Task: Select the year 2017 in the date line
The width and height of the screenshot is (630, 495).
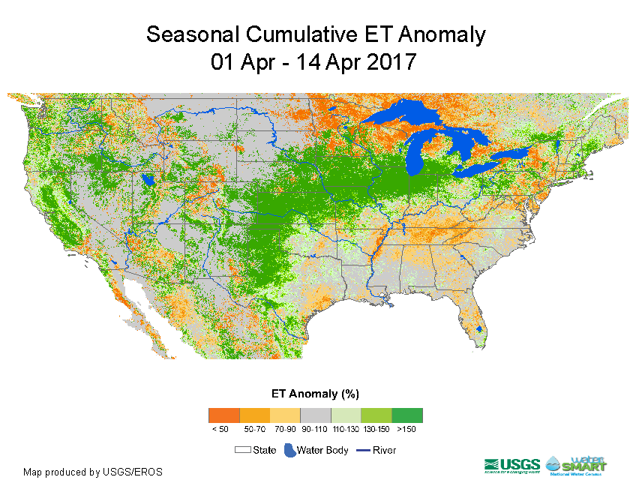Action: (x=391, y=61)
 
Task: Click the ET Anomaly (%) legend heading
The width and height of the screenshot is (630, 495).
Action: (x=316, y=393)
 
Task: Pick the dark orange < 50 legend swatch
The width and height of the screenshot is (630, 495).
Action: (x=223, y=415)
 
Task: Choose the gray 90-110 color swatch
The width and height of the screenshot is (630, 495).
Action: (x=315, y=415)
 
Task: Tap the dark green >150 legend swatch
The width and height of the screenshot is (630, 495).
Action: (x=407, y=415)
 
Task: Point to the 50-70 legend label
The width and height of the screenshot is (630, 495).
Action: (x=254, y=429)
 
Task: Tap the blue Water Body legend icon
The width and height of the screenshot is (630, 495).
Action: (x=289, y=450)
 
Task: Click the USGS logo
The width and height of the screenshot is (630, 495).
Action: (x=512, y=465)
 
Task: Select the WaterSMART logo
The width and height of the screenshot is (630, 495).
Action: (x=577, y=465)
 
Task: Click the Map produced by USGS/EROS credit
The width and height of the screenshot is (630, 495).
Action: (x=93, y=472)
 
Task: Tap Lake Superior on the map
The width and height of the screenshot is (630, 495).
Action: (x=405, y=116)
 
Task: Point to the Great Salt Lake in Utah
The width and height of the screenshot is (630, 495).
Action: (x=148, y=180)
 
